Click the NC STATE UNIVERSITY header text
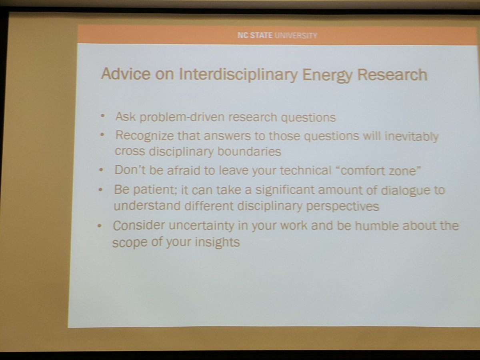(x=277, y=36)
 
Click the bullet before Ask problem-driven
(x=103, y=116)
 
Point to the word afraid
(x=181, y=170)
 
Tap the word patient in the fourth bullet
(x=152, y=190)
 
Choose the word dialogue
(x=404, y=190)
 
